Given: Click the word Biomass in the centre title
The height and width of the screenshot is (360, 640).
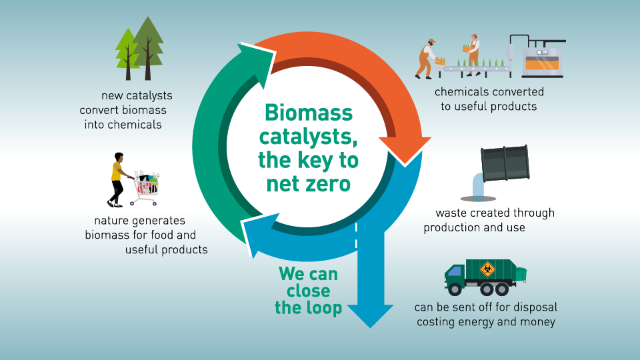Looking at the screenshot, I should tap(307, 112).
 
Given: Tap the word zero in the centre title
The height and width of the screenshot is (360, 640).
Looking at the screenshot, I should tap(328, 183).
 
